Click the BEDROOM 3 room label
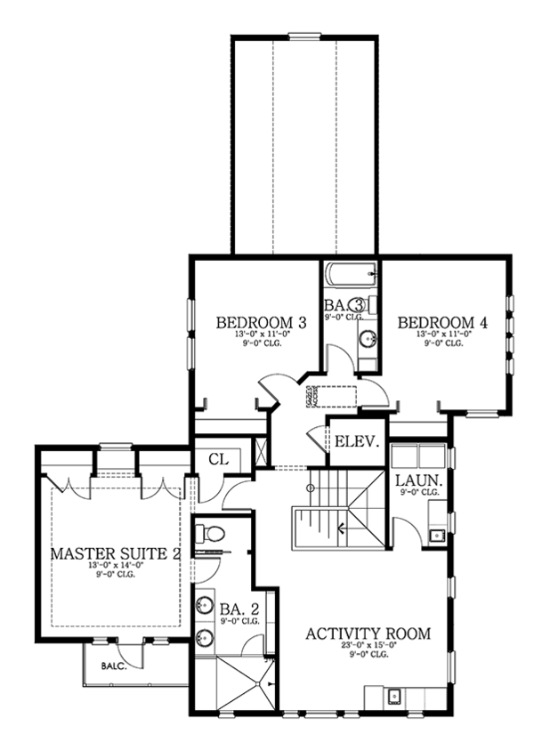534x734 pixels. [x=262, y=322]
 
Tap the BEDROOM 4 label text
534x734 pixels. [x=442, y=322]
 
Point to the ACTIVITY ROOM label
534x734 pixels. [x=368, y=633]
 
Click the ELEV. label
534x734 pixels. [x=357, y=440]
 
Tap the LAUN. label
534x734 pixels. [x=415, y=480]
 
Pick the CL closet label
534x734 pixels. [x=219, y=459]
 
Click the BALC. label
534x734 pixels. [x=112, y=665]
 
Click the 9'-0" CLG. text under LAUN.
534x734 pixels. [x=417, y=492]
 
